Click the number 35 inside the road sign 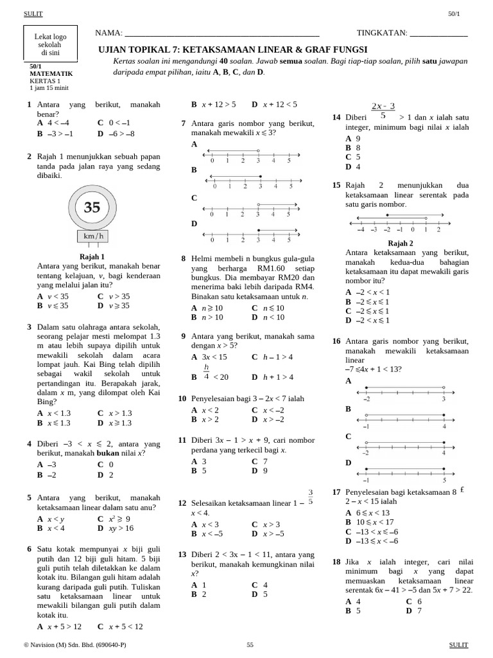coord(92,208)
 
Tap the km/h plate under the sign coord(92,236)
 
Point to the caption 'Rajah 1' coord(92,256)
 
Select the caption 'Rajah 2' coord(401,243)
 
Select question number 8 coord(183,259)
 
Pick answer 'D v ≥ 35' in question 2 coord(114,306)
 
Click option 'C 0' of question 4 coord(106,464)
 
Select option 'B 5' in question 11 coord(198,470)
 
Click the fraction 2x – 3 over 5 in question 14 coord(383,111)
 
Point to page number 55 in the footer coord(250,645)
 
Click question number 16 coord(336,341)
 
